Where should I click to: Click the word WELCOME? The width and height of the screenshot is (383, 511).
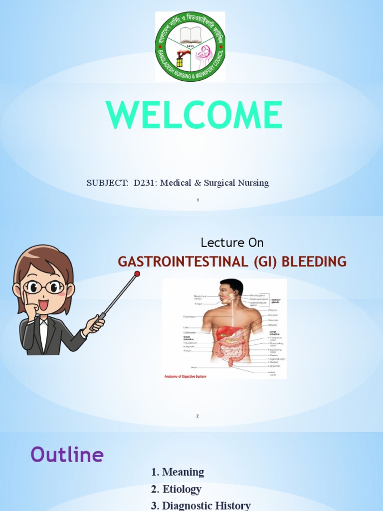coord(194,116)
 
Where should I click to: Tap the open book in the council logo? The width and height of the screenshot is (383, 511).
coord(190,35)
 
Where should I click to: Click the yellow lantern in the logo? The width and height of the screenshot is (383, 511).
coord(180,61)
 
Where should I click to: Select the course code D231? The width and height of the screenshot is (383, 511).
coord(143,183)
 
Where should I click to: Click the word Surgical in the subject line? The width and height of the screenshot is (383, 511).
coord(219,183)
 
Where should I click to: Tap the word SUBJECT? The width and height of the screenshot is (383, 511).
coord(107,183)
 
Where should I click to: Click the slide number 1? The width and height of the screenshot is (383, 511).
coord(198,200)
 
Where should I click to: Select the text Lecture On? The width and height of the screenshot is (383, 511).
coord(232,243)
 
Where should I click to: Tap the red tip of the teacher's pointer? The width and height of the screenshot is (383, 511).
coord(137,273)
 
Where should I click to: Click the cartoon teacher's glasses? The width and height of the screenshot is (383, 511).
coord(44,287)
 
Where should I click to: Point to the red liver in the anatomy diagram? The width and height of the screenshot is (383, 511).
coord(224,333)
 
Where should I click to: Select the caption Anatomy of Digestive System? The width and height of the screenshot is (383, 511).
coord(188,376)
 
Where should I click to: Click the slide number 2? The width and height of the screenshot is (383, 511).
coord(197,416)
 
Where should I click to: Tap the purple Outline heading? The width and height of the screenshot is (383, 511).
coord(67,455)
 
